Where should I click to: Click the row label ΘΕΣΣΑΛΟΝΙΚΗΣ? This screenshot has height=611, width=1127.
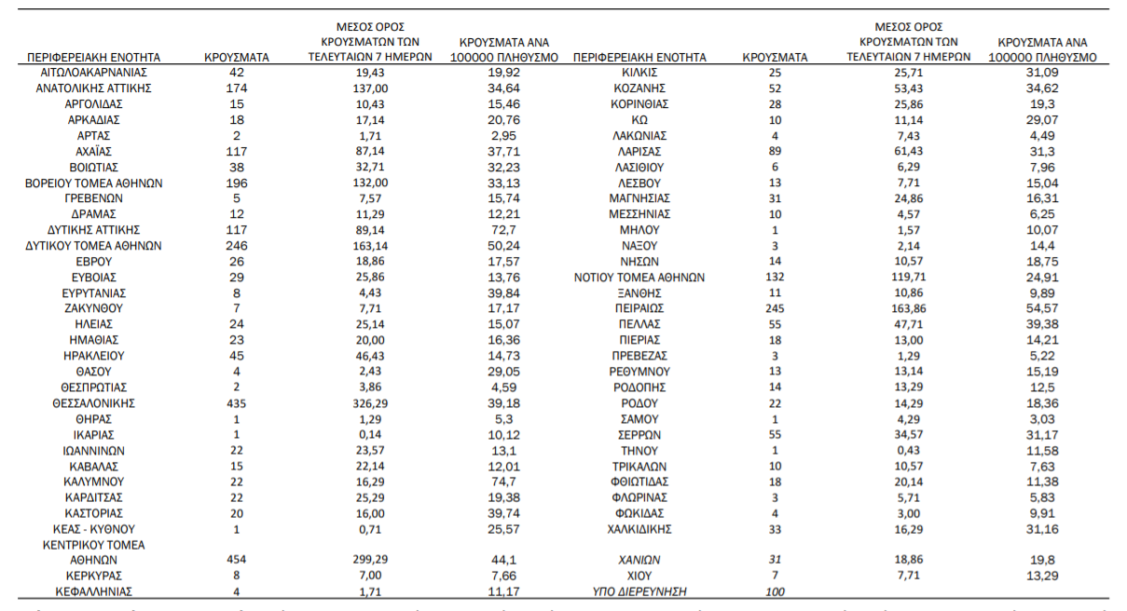(x=93, y=403)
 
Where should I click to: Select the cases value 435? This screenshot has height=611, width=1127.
(x=237, y=403)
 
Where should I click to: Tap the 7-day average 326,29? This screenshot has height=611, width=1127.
(x=370, y=403)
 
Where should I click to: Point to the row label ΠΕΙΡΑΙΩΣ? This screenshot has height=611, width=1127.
(x=639, y=308)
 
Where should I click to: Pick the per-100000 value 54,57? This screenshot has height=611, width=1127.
(x=1042, y=308)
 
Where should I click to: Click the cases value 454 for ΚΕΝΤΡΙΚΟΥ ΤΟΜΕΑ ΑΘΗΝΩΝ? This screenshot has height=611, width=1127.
(x=237, y=560)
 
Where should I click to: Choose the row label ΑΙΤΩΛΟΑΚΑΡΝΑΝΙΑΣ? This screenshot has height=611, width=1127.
(x=93, y=73)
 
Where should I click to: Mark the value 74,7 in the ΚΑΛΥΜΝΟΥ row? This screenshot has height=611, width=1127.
(x=503, y=482)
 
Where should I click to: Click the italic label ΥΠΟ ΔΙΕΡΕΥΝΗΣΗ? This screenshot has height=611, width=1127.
(x=639, y=591)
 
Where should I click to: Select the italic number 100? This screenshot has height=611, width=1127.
(x=775, y=591)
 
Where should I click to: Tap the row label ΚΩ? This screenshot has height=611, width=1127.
(x=639, y=120)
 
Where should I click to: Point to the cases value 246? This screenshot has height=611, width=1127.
(x=237, y=246)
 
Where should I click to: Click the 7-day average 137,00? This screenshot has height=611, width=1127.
(x=370, y=88)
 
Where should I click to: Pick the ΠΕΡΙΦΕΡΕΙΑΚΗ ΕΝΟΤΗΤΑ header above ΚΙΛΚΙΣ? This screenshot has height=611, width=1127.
(x=639, y=58)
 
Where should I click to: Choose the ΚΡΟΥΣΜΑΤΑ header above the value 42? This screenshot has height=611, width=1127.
(x=237, y=58)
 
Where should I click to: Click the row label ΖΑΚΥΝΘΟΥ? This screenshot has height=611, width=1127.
(x=93, y=308)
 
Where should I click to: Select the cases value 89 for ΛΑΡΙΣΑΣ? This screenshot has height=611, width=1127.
(x=775, y=152)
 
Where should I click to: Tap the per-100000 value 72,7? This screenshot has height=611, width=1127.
(x=503, y=230)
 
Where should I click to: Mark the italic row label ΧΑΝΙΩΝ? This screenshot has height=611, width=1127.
(x=639, y=560)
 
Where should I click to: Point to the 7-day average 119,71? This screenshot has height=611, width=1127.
(x=908, y=277)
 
